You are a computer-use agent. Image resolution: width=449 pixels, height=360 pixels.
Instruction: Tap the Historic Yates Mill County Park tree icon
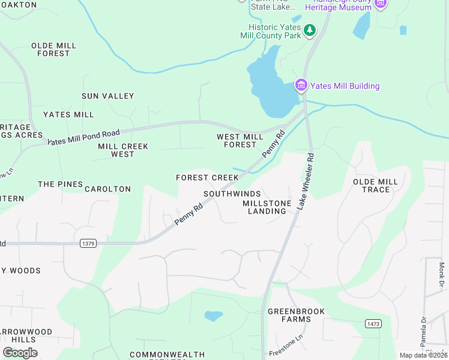pyautogui.click(x=310, y=30)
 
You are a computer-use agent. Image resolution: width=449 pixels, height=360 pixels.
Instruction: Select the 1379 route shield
pyautogui.click(x=88, y=243)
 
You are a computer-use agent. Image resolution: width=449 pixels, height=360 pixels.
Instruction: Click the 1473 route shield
pyautogui.click(x=373, y=323)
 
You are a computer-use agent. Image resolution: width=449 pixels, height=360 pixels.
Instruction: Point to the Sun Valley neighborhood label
pyautogui.click(x=108, y=96)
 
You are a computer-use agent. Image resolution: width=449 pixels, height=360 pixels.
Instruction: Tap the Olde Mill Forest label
pyautogui.click(x=53, y=49)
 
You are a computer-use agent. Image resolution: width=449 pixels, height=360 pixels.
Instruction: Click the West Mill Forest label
pyautogui.click(x=240, y=140)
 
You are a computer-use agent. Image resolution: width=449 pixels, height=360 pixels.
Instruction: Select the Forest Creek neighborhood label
pyautogui.click(x=207, y=178)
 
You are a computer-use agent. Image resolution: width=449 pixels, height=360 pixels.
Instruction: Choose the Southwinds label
pyautogui.click(x=232, y=194)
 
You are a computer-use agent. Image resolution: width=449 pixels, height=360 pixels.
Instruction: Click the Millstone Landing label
pyautogui.click(x=267, y=207)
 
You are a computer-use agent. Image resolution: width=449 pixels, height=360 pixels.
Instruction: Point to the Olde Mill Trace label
pyautogui.click(x=376, y=185)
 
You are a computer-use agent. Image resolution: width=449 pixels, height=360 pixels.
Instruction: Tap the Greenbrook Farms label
pyautogui.click(x=297, y=315)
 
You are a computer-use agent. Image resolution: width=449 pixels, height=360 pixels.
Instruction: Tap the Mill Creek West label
pyautogui.click(x=123, y=150)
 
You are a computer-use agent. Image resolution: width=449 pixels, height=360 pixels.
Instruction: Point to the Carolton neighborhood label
pyautogui.click(x=107, y=189)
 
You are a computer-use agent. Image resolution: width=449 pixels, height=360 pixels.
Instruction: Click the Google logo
pyautogui.click(x=20, y=352)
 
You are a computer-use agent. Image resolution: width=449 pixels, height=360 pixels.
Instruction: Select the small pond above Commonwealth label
pyautogui.click(x=213, y=316)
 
